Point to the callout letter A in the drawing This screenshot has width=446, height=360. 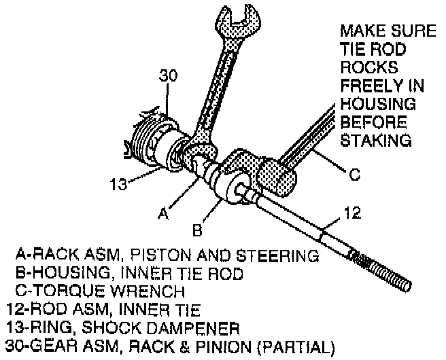tap(162, 214)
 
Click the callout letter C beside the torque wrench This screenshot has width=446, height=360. tap(354, 175)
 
